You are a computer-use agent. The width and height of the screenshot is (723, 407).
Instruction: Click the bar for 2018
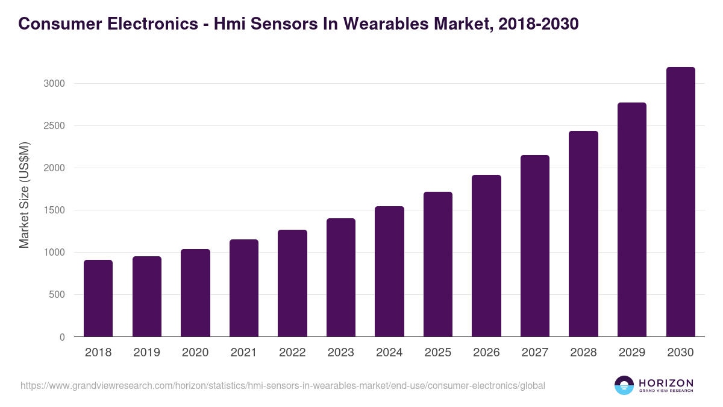pos(98,298)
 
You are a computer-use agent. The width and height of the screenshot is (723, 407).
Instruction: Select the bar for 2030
pos(681,202)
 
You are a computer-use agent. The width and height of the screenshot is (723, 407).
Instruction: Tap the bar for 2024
pos(389,271)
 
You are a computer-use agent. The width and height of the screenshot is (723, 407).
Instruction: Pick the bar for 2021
pos(244,288)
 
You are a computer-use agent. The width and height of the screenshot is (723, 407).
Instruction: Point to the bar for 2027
pos(535,246)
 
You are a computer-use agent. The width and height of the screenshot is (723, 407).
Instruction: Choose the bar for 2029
pos(632,219)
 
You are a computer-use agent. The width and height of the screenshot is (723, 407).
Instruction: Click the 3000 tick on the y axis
pos(54,84)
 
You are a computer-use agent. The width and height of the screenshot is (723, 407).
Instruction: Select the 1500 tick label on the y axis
pos(54,210)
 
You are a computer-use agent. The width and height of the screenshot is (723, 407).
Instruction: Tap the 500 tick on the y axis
pos(57,295)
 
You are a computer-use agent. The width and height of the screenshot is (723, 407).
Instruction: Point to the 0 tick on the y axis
pos(62,338)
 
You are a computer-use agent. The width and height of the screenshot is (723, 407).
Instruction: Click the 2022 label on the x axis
pos(292,353)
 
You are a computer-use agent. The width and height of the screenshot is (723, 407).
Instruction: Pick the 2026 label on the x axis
pos(486,353)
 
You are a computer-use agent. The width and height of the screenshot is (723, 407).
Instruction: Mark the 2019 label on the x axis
pos(147,353)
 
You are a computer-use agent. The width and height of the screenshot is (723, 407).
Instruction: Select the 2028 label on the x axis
pos(583,353)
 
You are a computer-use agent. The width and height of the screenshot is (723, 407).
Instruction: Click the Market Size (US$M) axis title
pos(24,195)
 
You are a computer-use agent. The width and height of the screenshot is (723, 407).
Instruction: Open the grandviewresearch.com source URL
pos(283,385)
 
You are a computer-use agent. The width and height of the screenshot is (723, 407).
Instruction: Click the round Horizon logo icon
pos(624,385)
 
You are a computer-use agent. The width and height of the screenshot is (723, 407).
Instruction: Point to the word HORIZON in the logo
pos(666,383)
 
